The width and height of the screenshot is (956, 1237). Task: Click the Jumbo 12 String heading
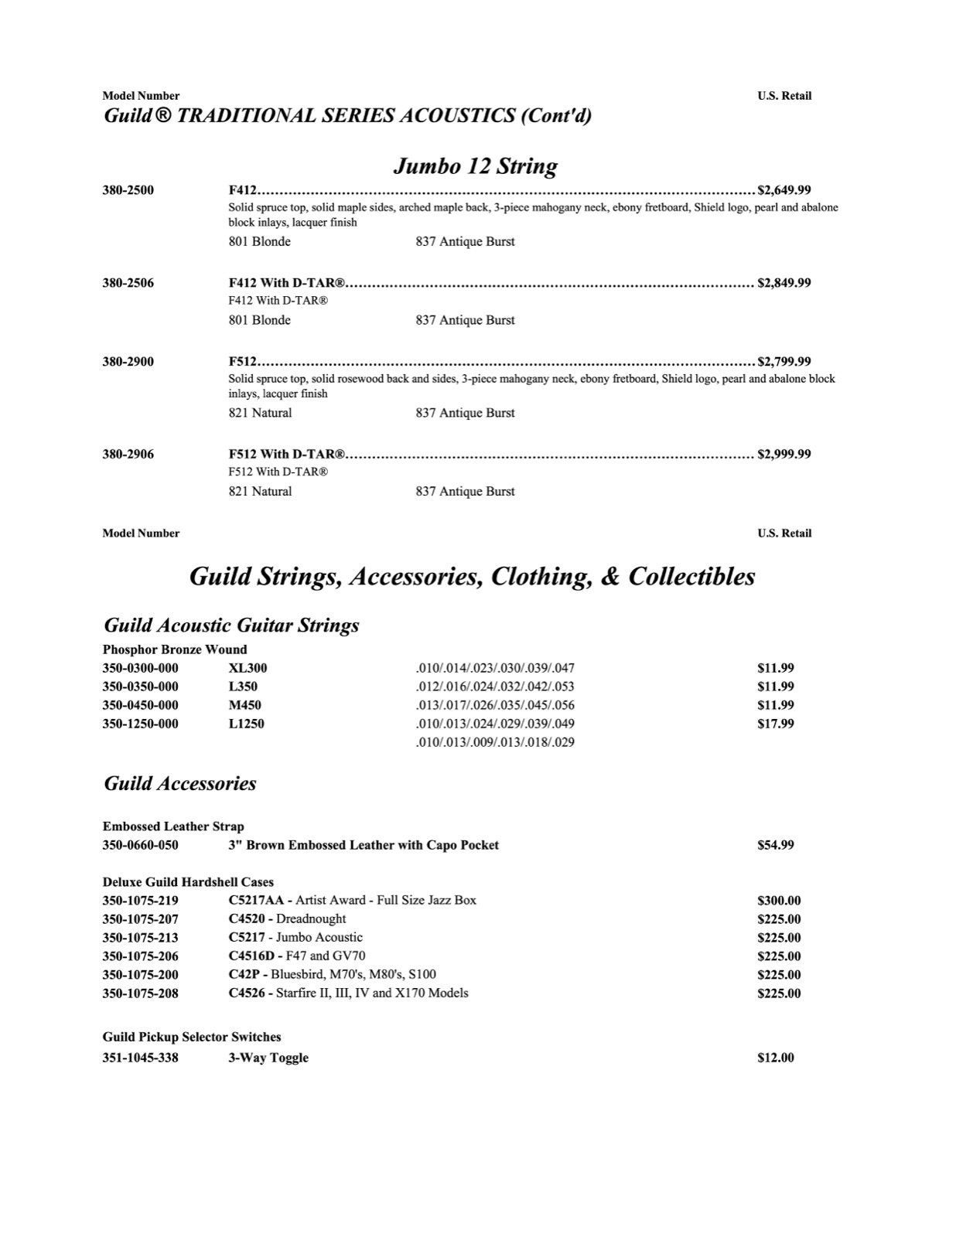475,166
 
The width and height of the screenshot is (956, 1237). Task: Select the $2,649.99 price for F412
784,190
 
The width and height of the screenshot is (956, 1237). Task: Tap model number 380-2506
128,283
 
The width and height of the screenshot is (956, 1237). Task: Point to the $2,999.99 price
784,454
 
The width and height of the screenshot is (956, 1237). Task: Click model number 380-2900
128,361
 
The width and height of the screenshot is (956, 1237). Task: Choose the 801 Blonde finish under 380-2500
259,242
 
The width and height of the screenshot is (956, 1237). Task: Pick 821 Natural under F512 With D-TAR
260,492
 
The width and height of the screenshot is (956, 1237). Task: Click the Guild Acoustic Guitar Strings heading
231,625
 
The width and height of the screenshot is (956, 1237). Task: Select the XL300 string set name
248,668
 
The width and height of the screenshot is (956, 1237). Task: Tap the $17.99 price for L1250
776,724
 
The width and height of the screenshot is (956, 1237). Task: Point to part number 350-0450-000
140,705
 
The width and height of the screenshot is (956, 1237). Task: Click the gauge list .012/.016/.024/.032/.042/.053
495,687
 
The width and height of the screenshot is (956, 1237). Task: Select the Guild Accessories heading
179,783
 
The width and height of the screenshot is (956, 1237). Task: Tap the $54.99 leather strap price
776,845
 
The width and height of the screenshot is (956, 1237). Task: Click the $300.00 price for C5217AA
779,901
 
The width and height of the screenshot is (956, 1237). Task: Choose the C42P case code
244,975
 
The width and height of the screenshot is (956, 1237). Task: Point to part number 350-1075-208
140,993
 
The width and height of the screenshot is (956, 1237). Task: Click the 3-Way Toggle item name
268,1058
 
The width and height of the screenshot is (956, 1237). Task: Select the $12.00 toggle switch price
776,1058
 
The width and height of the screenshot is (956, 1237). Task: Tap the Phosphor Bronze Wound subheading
175,649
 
